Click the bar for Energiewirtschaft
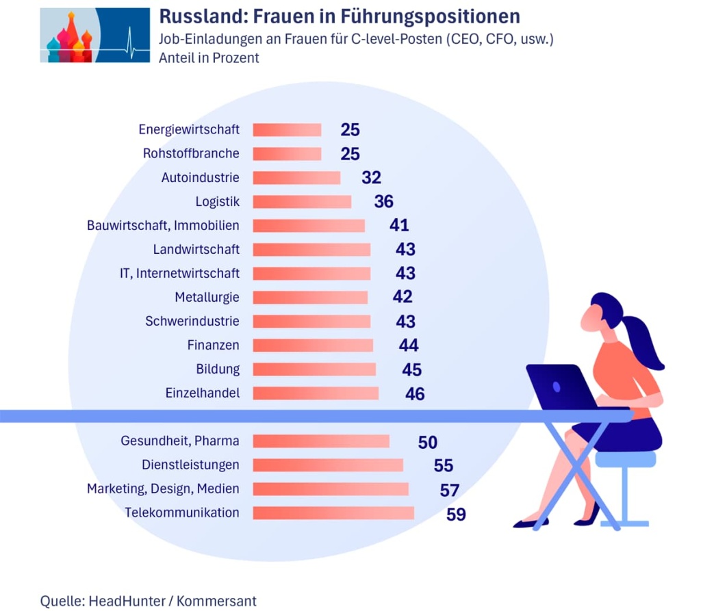(287, 130)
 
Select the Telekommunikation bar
(333, 513)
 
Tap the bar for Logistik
(302, 202)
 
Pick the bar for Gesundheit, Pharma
(321, 441)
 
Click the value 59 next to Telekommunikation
(456, 514)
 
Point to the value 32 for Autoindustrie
(371, 178)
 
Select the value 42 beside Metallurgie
(403, 297)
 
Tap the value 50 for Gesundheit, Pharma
(427, 442)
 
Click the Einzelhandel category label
(203, 393)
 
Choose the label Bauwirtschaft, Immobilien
(163, 226)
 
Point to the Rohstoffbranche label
(191, 153)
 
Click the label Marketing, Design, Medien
(163, 489)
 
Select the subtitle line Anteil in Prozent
(209, 58)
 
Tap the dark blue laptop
(561, 387)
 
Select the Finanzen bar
(313, 346)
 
